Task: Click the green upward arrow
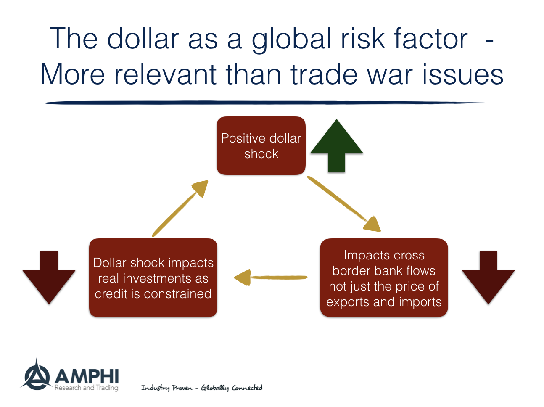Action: [336, 147]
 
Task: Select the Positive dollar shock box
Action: [261, 145]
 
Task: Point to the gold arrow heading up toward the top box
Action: [181, 208]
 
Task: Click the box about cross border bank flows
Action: [384, 278]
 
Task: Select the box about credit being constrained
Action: [153, 278]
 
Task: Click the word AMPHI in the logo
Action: [87, 376]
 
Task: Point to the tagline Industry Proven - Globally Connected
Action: [201, 388]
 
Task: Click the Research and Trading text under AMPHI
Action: [86, 388]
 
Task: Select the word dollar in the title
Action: [143, 39]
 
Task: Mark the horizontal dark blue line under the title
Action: [265, 102]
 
